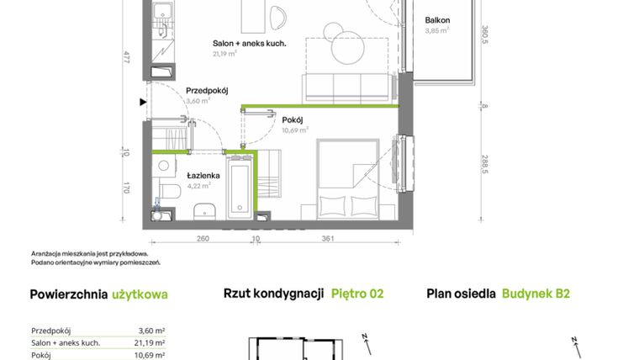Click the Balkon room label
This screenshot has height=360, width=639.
437,19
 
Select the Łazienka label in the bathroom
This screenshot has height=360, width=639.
203,175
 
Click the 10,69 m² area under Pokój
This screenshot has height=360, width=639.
294,130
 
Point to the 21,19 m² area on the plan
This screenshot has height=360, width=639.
224,52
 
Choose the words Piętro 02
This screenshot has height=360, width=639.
357,294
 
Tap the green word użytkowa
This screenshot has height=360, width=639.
140,294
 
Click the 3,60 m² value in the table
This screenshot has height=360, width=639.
151,331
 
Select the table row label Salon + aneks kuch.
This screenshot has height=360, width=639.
66,342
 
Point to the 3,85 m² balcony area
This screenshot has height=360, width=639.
437,30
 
